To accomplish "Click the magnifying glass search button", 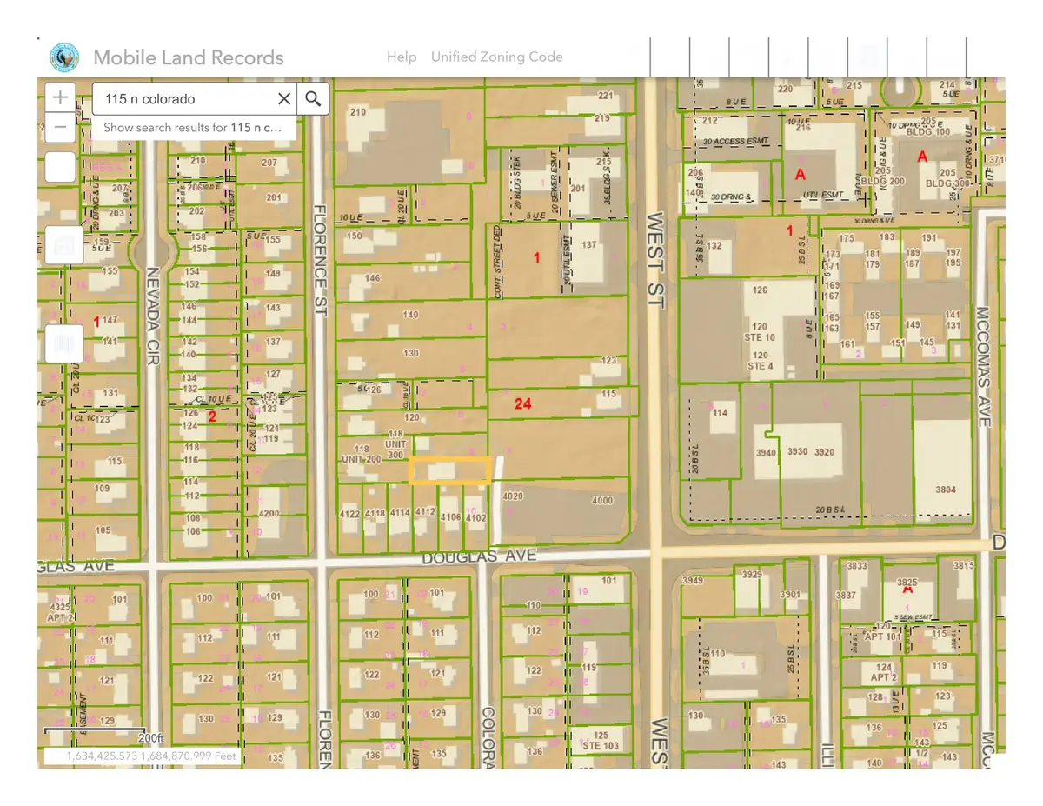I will [x=313, y=99].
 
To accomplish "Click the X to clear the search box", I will [x=283, y=99].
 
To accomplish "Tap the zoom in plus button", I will [x=60, y=97].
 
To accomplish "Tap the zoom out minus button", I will [x=60, y=128].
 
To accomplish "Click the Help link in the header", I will [x=402, y=57].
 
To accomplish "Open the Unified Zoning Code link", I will [x=496, y=57].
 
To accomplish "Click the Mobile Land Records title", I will [x=188, y=58].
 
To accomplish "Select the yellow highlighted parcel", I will [x=449, y=470].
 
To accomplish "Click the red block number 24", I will [x=522, y=403].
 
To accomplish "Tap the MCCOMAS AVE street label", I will [x=983, y=365].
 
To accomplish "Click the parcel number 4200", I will [x=269, y=514].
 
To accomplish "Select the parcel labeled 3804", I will [x=945, y=490].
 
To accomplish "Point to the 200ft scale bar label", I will [x=149, y=737].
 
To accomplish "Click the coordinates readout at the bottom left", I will [x=152, y=756].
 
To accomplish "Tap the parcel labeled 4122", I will [x=349, y=514].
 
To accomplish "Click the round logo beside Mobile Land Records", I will [x=64, y=57].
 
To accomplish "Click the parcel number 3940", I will [x=765, y=452].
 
